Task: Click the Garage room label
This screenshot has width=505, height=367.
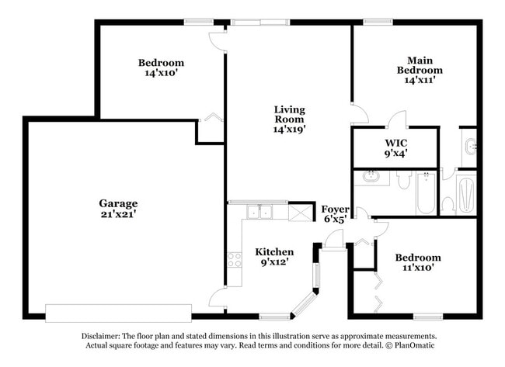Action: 117,203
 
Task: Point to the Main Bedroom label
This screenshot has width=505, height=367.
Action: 420,65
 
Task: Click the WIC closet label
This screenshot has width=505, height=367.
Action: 396,143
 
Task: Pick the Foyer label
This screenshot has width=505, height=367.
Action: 336,209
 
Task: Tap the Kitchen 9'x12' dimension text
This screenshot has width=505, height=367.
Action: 275,263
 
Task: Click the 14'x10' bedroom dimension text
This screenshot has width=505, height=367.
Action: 161,74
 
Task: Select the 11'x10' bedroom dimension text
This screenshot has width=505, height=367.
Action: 417,268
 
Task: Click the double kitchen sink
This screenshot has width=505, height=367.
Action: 259,211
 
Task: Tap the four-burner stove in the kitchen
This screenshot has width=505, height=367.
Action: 235,260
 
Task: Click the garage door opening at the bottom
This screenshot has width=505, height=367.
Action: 118,313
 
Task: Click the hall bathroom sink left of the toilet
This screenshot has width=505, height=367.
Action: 371,178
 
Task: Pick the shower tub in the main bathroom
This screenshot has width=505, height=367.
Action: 466,194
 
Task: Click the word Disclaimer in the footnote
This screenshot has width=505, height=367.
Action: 105,336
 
